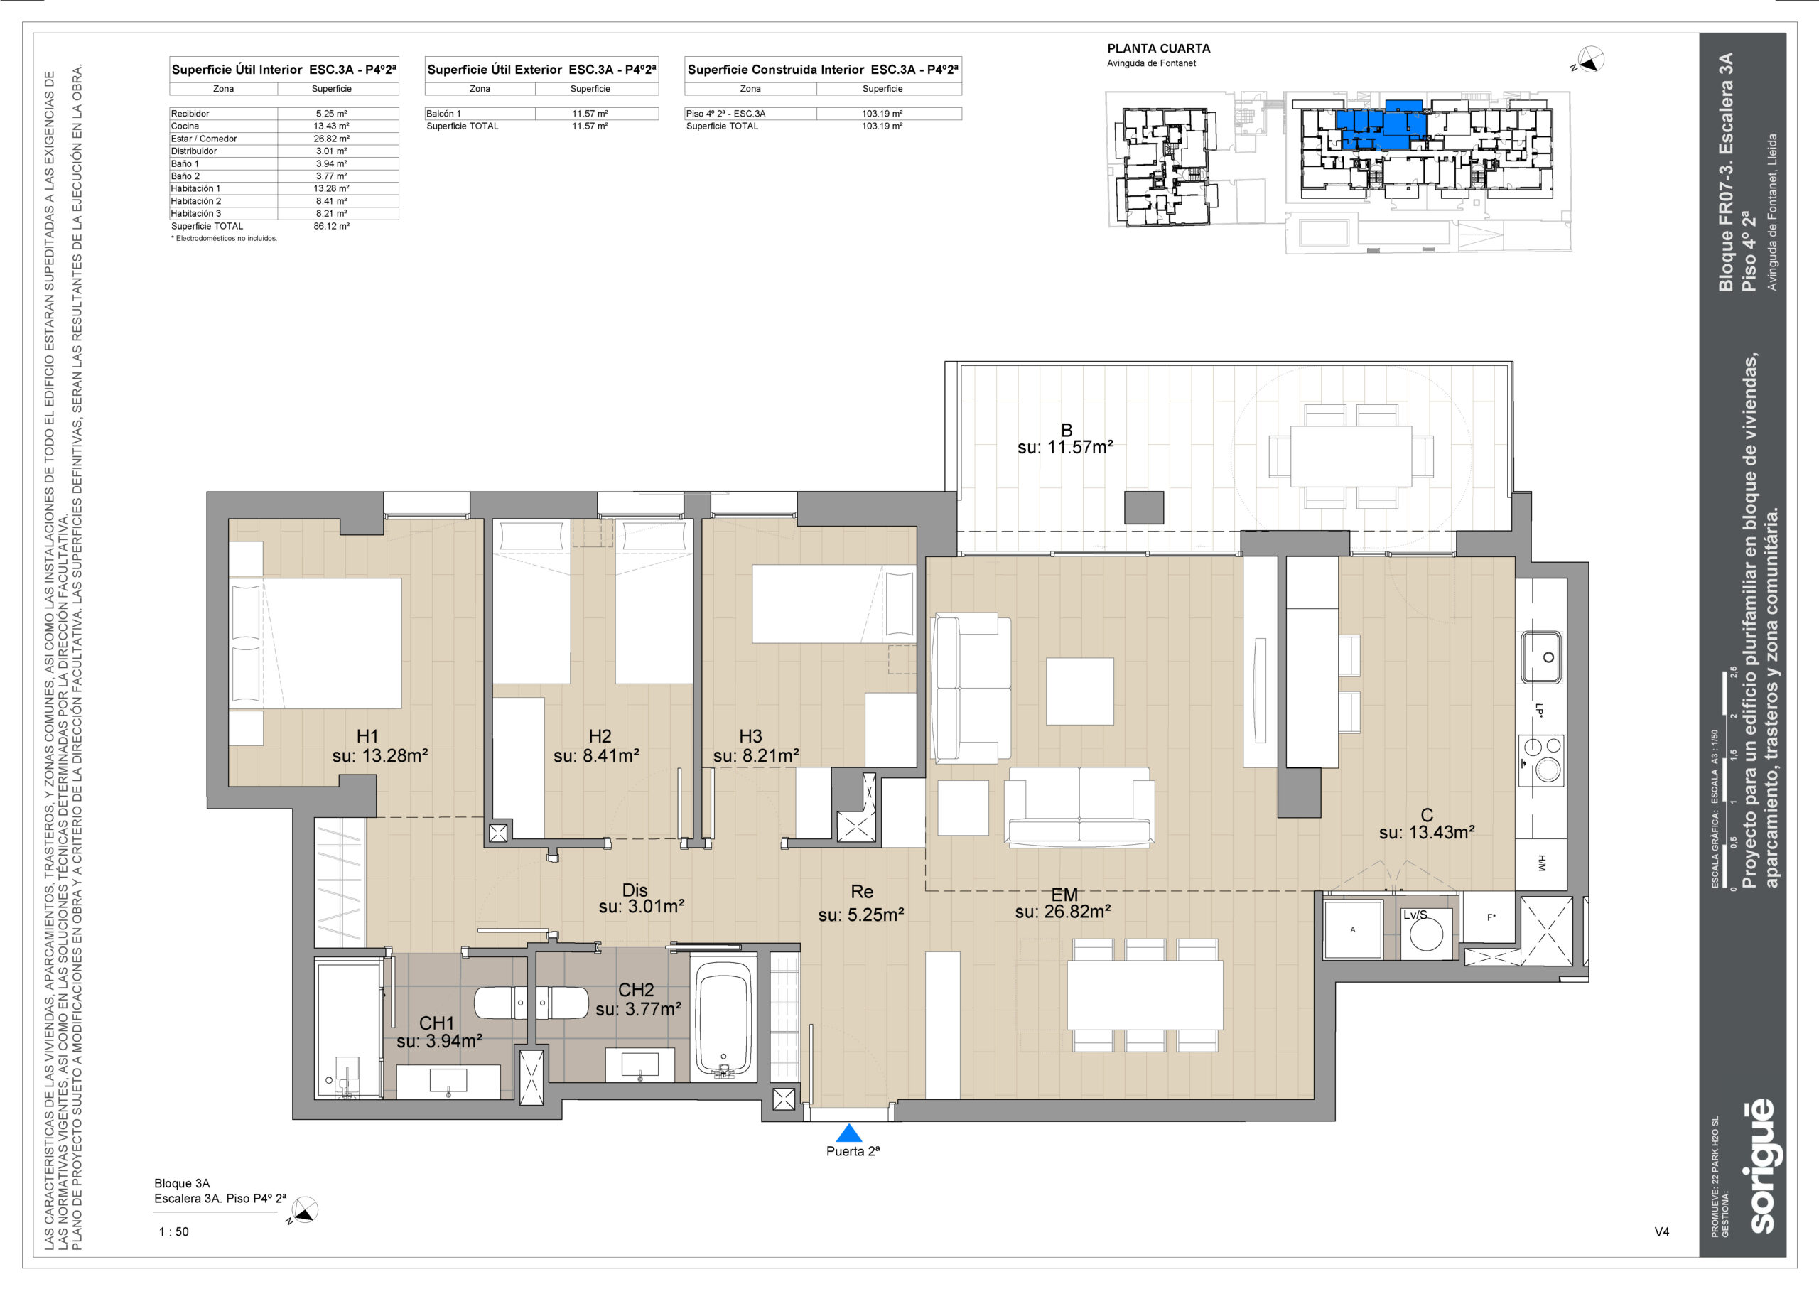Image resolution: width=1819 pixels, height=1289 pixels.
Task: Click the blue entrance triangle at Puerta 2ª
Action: [848, 1133]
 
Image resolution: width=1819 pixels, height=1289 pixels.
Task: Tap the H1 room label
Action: [367, 735]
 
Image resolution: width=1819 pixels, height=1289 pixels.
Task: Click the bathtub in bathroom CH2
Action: [723, 1019]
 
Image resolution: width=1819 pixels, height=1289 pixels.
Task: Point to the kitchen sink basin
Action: [1540, 657]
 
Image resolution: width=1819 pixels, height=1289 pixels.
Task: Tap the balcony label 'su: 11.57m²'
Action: [1065, 448]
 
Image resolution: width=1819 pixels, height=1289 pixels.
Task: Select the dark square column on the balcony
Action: [1143, 507]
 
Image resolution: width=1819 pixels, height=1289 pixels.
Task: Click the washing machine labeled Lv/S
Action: [1426, 934]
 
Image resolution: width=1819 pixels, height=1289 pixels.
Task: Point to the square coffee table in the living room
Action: [1079, 691]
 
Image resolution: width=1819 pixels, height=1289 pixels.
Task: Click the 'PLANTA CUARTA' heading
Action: [1158, 48]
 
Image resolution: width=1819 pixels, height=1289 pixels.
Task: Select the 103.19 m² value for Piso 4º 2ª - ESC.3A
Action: [882, 114]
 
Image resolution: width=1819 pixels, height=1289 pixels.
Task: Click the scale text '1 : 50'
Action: [174, 1232]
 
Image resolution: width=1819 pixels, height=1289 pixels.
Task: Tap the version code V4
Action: [1662, 1232]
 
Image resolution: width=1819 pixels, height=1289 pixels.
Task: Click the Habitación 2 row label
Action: [196, 201]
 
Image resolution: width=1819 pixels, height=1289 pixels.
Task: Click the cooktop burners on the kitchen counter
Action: [1541, 760]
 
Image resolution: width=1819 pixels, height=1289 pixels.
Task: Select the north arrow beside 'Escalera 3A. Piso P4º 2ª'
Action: [304, 1210]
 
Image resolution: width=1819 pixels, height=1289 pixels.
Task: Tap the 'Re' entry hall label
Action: [861, 891]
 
